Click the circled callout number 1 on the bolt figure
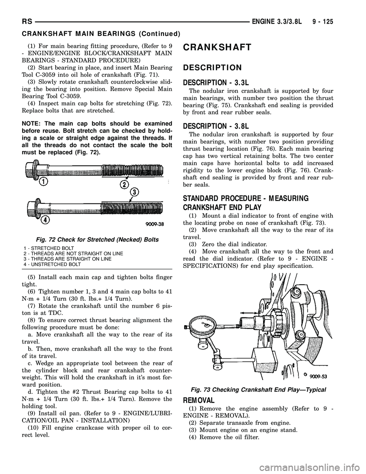pyautogui.click(x=45, y=182)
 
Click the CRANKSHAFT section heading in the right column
pyautogui.click(x=217, y=47)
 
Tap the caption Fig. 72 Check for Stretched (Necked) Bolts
pyautogui.click(x=91, y=239)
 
